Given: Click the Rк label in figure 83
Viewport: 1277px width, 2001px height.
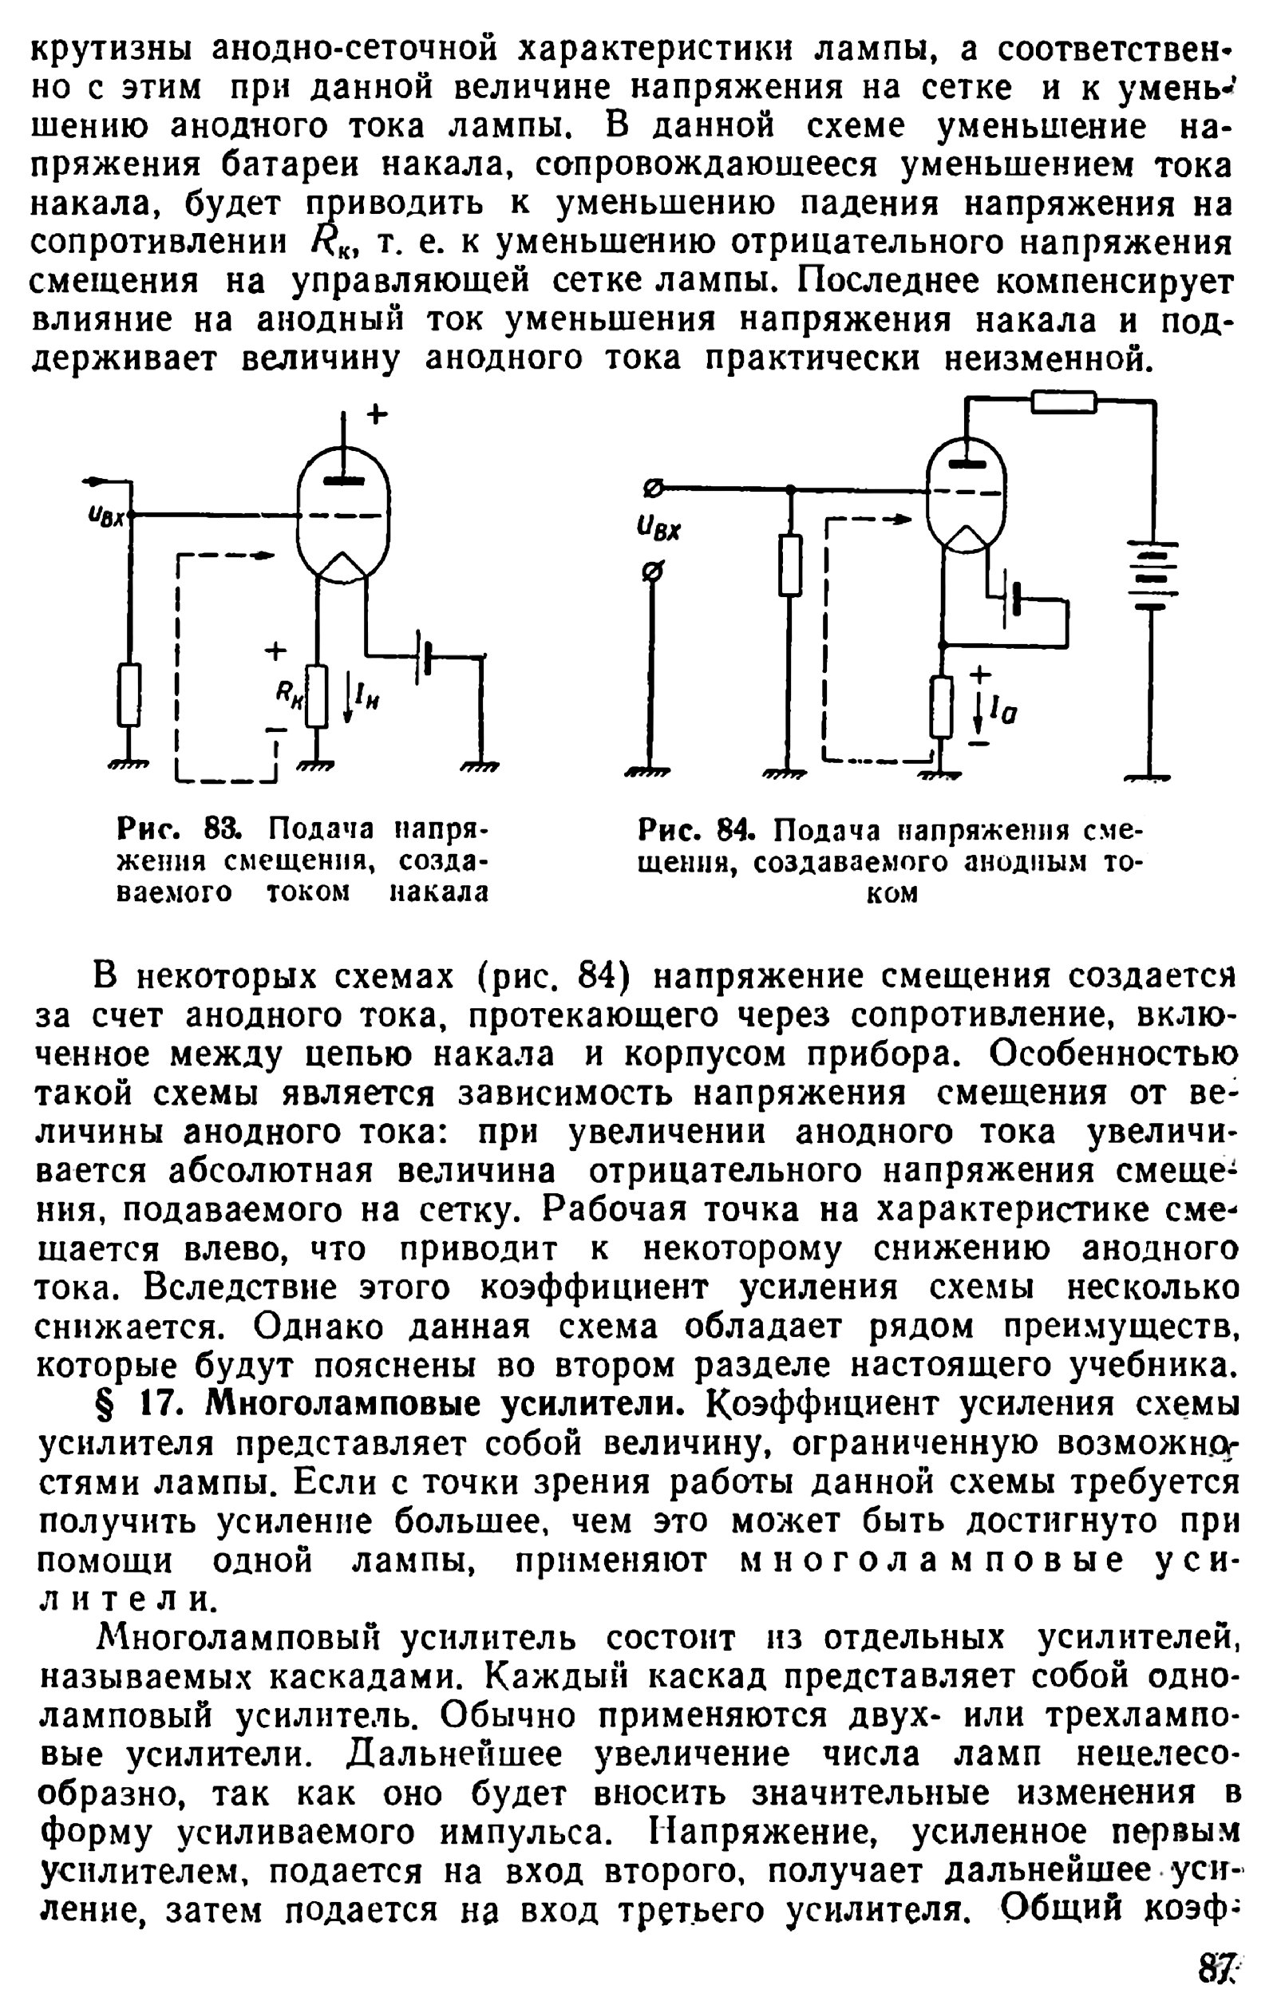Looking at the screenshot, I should pos(287,692).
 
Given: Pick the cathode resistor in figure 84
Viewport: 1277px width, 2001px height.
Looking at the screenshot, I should pos(941,707).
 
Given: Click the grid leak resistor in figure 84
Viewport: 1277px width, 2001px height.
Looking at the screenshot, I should pos(790,565).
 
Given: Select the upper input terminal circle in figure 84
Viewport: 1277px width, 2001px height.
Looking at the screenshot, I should pos(653,488).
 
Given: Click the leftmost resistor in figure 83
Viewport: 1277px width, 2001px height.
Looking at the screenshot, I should pos(128,694).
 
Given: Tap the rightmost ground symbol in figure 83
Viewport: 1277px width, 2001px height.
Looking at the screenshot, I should pos(480,769).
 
